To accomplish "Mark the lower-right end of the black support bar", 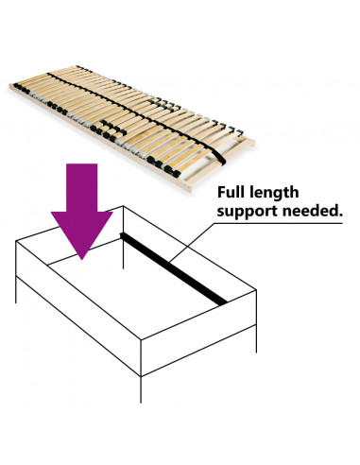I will click(x=223, y=300).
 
